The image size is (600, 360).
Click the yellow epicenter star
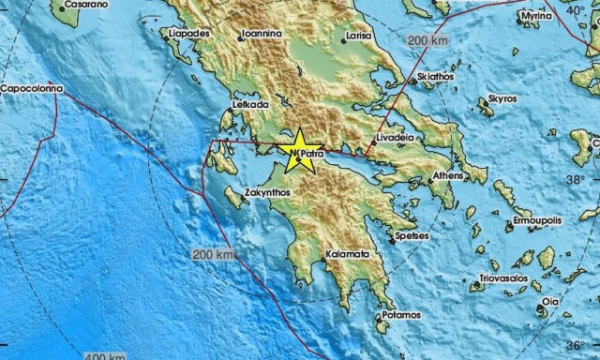[x=299, y=147]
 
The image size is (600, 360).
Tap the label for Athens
[x=450, y=176]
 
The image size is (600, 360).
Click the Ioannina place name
[x=260, y=33]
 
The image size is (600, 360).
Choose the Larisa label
[x=358, y=37]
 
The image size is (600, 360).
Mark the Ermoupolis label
[x=538, y=220]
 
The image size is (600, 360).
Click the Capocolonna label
[x=32, y=88]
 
